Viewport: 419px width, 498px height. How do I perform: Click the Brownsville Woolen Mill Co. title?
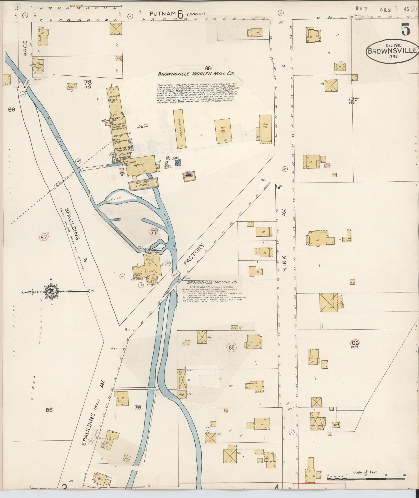(196, 74)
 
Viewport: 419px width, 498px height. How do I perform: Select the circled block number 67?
(44, 237)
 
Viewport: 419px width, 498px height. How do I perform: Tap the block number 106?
(354, 343)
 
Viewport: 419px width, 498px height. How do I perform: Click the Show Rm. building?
(265, 129)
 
